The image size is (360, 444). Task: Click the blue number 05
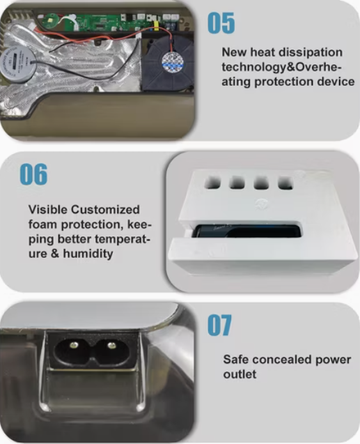[221, 23]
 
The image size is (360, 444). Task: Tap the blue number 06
[33, 174]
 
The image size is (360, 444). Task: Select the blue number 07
[219, 325]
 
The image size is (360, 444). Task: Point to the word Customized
[105, 210]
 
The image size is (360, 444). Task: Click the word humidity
[88, 253]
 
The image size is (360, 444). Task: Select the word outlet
[240, 374]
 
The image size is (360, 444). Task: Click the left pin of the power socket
[74, 344]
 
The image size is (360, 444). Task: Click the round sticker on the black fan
[173, 62]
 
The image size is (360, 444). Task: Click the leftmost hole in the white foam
[212, 183]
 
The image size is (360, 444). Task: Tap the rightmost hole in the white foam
[285, 183]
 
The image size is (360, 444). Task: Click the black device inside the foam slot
[246, 231]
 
